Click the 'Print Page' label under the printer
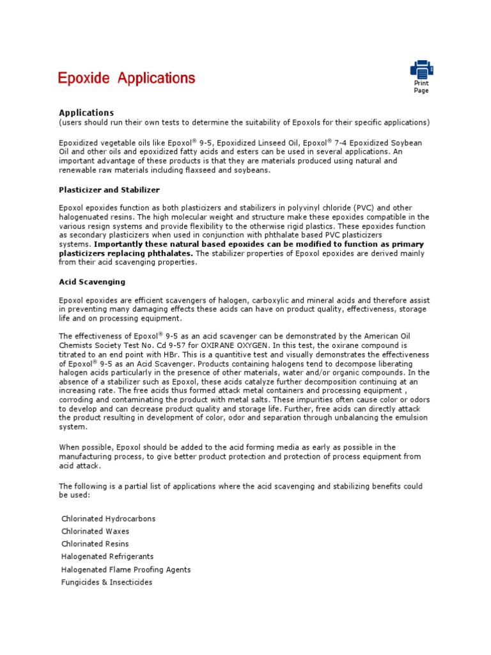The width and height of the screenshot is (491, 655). click(421, 87)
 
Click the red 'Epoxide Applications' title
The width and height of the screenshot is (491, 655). click(127, 79)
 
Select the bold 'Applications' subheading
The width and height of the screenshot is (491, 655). click(86, 113)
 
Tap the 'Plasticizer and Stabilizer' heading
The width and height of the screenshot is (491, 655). click(109, 190)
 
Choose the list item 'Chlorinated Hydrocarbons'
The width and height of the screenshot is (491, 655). click(108, 519)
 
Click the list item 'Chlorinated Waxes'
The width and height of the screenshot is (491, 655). click(95, 532)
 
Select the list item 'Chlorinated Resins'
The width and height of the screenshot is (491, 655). click(95, 544)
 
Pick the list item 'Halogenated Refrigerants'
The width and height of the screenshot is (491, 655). click(107, 556)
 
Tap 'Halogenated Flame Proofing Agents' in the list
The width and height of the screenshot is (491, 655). click(126, 569)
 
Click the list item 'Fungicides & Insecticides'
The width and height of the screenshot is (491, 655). click(107, 582)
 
